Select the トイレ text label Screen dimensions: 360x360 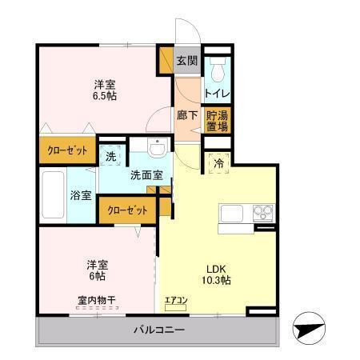coord(216,94)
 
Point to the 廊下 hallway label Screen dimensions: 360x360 coord(186,114)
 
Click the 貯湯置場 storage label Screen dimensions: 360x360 coord(216,120)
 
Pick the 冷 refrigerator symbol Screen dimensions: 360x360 coord(218,163)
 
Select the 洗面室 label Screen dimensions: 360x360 coord(146,174)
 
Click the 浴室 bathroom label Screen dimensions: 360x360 coord(80,195)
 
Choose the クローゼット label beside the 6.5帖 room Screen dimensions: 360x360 coord(67,150)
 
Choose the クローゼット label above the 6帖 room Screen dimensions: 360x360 coord(126,210)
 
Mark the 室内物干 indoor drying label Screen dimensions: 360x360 coord(96,301)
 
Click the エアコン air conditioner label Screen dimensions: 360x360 coord(176,302)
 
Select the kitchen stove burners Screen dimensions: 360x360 coord(262,213)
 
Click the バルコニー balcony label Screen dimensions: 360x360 coord(158,330)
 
